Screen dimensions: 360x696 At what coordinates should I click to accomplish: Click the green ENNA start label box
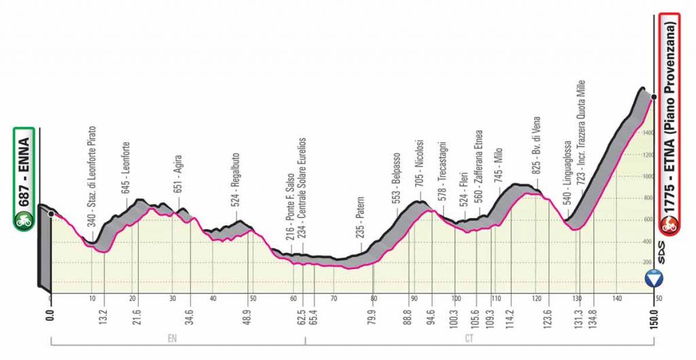point(24,178)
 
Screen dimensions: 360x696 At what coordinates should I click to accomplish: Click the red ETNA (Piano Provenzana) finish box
point(671,124)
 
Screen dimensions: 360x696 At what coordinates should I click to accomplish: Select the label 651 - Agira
point(179,175)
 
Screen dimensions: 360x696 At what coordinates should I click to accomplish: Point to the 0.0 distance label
point(50,315)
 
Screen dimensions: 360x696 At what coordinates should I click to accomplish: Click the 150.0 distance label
point(653,315)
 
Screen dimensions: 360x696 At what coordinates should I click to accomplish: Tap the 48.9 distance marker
point(251,315)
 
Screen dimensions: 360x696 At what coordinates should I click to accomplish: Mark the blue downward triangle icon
point(654,278)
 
